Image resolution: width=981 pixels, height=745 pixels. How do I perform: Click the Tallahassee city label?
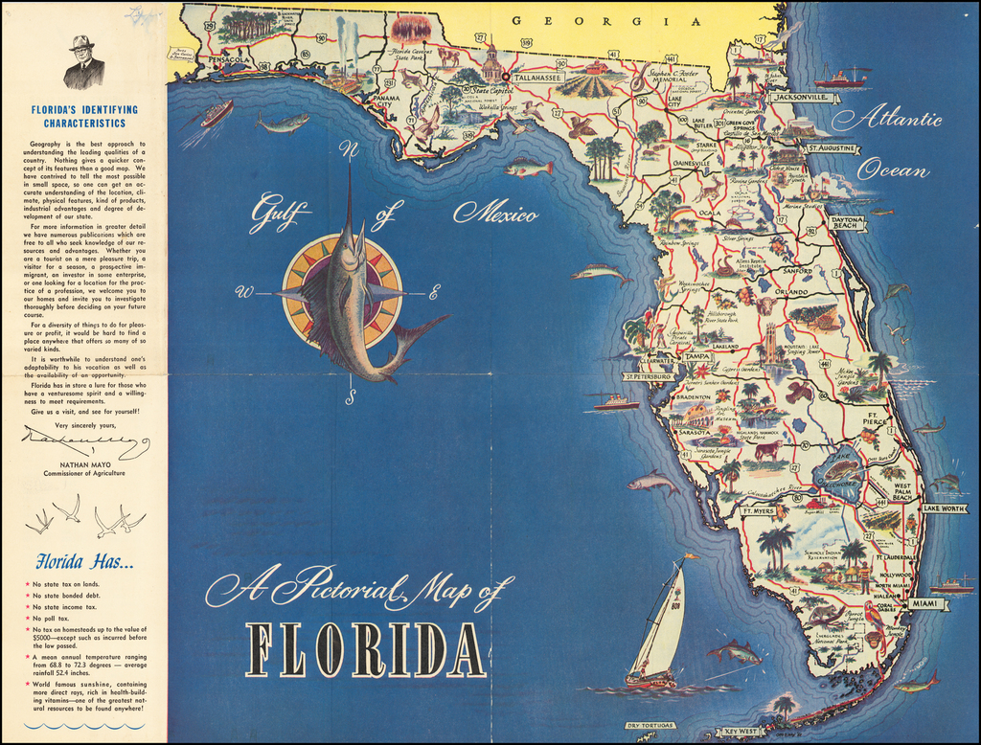coord(537,78)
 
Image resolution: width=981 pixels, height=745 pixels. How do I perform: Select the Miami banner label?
coord(925,604)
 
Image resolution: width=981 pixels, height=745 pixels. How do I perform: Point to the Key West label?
coord(741,732)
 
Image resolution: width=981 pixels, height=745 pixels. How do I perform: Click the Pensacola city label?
coord(230,59)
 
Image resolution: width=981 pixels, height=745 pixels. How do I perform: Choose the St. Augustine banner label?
coord(832,149)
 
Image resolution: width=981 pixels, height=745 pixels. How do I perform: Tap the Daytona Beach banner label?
coord(847,222)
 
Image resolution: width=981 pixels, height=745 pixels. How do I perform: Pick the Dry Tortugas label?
coord(650,725)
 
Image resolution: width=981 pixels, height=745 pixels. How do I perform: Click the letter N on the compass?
coord(350,149)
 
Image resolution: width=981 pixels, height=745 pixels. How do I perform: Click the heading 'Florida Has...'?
coord(84,561)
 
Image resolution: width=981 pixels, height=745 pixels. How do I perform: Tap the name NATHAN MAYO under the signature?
coord(85,463)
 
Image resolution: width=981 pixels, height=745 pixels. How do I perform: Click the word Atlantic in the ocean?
coord(887,121)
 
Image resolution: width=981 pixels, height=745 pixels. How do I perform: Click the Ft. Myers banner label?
coord(758,511)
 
